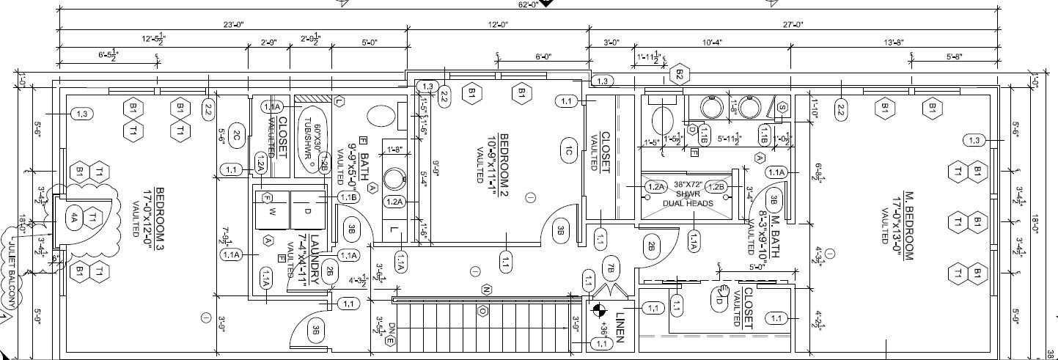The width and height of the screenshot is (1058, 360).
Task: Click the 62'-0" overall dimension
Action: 528,4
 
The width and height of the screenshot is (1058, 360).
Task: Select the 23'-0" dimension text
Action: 232,25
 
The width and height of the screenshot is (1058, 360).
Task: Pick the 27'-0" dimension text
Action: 793,25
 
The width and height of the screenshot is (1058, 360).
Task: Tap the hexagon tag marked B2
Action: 679,74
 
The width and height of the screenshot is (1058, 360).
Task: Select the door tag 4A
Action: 73,217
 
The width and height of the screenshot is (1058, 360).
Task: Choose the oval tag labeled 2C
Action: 236,135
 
